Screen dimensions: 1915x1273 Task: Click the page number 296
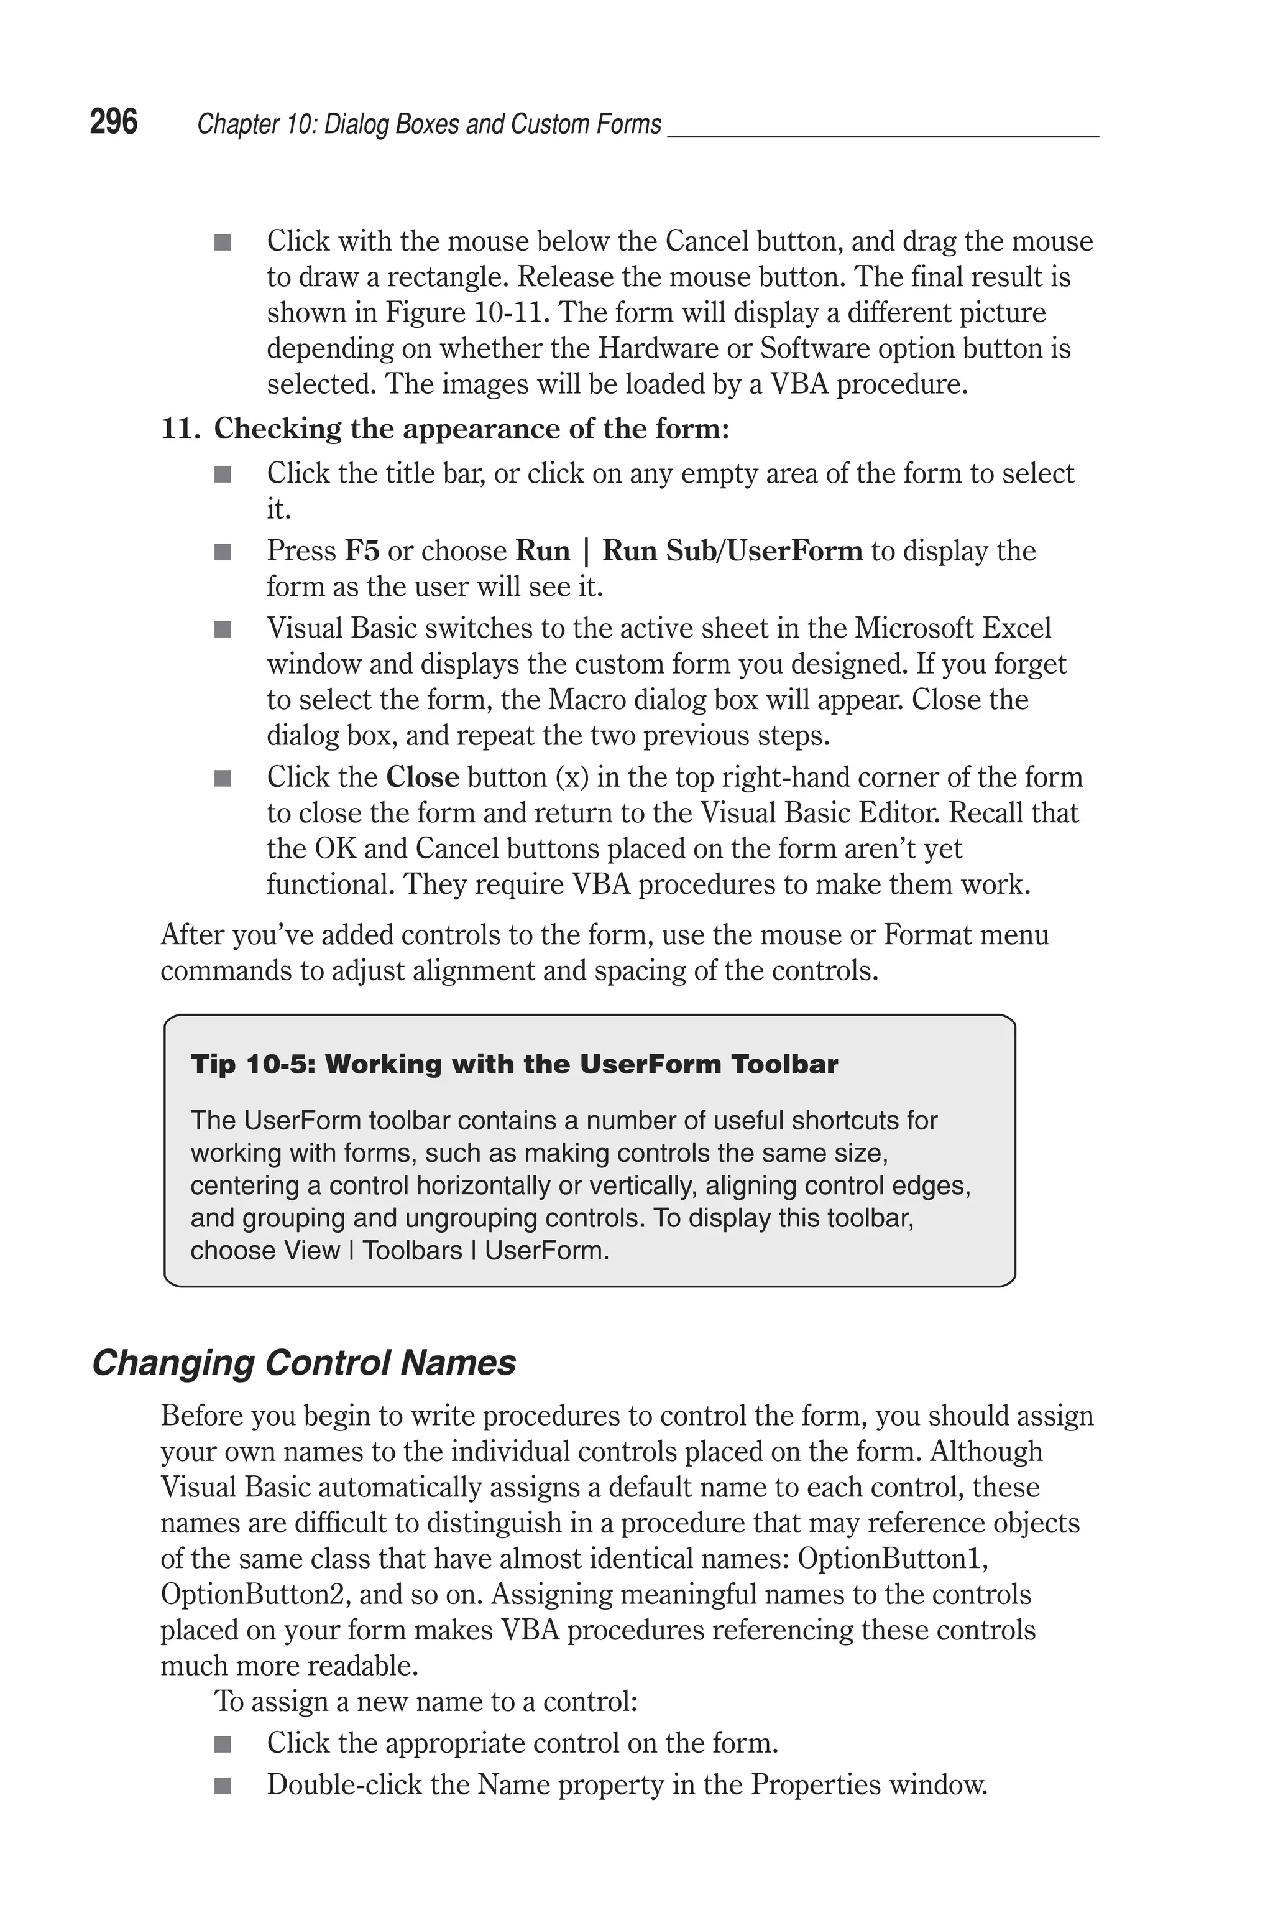(114, 123)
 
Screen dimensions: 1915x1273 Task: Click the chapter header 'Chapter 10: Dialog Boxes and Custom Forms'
(430, 124)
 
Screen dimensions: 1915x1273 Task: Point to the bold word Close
(422, 777)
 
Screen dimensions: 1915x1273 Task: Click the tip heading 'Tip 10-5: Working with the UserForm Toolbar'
(514, 1064)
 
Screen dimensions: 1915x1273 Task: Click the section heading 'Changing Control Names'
(303, 1363)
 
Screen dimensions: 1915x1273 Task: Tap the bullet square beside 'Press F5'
(223, 552)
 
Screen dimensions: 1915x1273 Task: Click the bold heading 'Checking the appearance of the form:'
(471, 429)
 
